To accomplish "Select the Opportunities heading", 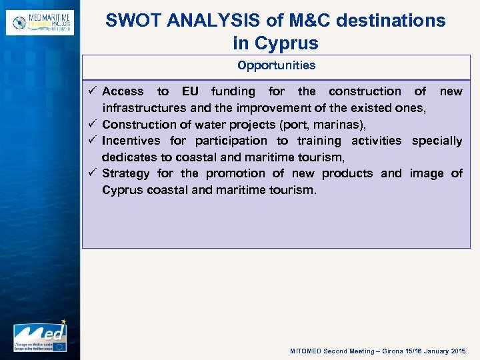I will [276, 65].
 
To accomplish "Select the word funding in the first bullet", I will [233, 91].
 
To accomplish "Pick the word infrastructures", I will [144, 108].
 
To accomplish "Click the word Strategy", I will [127, 173].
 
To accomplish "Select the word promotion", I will [235, 173].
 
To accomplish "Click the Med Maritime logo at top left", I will [39, 22].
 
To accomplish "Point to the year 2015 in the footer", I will [458, 351].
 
